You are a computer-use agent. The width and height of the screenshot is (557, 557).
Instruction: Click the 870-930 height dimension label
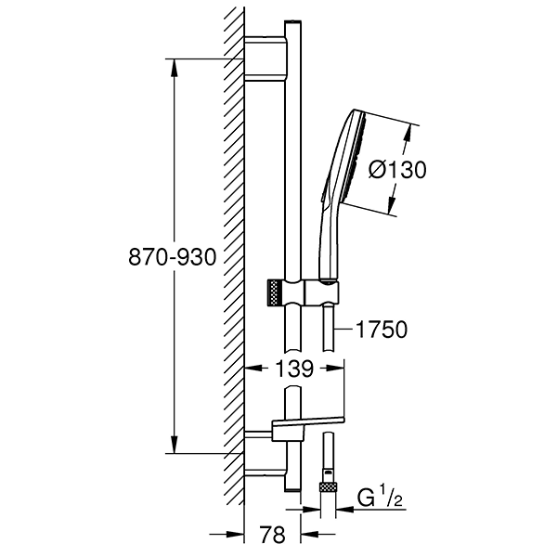pyautogui.click(x=173, y=257)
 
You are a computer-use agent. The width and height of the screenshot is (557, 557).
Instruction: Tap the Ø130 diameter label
pyautogui.click(x=397, y=170)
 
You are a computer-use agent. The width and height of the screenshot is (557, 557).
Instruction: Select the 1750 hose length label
pyautogui.click(x=382, y=330)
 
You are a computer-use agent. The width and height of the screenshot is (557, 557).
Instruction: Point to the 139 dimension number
pyautogui.click(x=295, y=369)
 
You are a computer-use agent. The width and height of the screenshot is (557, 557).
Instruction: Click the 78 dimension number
pyautogui.click(x=272, y=535)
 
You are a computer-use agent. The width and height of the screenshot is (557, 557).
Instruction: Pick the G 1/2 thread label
pyautogui.click(x=380, y=499)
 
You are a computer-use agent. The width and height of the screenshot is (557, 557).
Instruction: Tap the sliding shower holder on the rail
pyautogui.click(x=304, y=292)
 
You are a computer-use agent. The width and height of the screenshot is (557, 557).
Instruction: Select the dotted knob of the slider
pyautogui.click(x=274, y=292)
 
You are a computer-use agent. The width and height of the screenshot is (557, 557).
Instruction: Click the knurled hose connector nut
pyautogui.click(x=328, y=486)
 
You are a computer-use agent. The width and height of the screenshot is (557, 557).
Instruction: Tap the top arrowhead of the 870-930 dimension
pyautogui.click(x=174, y=68)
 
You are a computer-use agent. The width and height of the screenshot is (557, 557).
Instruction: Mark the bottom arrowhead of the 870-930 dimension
pyautogui.click(x=174, y=445)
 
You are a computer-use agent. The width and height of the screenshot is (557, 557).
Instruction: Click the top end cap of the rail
pyautogui.click(x=292, y=22)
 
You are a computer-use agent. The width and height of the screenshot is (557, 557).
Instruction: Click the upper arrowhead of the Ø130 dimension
pyautogui.click(x=408, y=134)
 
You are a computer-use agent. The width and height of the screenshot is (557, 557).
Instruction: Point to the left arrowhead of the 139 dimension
pyautogui.click(x=253, y=369)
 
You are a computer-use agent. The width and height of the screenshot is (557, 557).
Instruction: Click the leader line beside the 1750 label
pyautogui.click(x=343, y=330)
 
